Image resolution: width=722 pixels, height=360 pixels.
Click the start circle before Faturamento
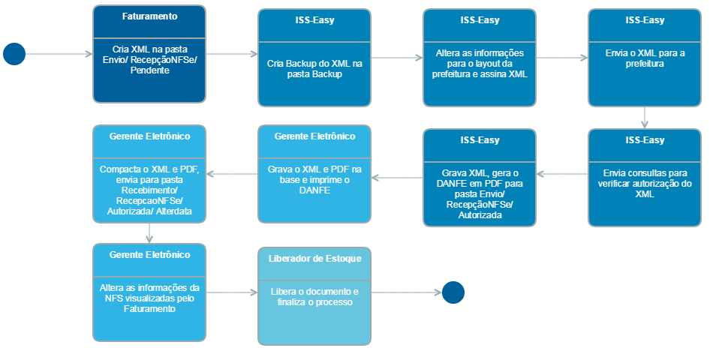14,54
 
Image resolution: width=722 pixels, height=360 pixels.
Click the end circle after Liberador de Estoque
453,292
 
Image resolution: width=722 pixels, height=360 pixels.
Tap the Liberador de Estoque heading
314,258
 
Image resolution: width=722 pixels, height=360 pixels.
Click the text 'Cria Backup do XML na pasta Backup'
314,69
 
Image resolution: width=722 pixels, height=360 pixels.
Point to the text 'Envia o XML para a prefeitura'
644,59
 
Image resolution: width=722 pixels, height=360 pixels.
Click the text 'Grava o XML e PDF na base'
314,175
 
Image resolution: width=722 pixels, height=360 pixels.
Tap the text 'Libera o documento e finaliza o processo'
314,296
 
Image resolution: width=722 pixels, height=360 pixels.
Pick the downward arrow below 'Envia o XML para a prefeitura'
645,117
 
